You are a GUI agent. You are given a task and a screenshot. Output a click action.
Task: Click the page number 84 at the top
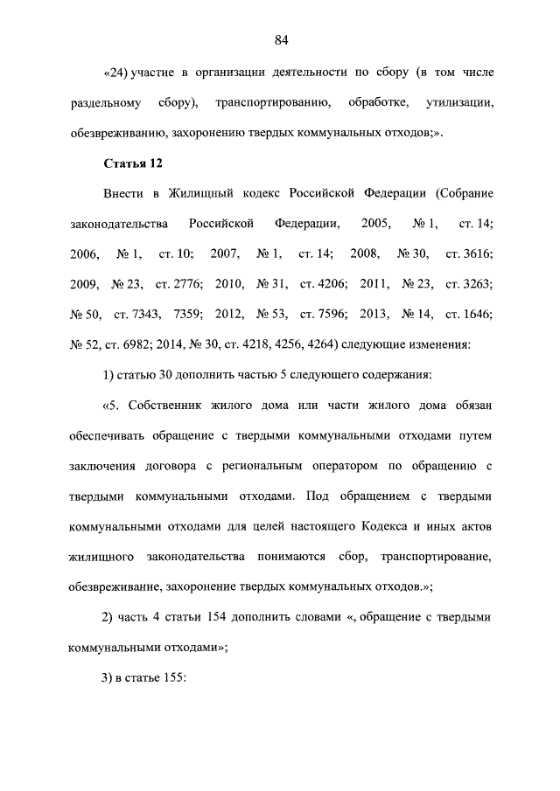281,39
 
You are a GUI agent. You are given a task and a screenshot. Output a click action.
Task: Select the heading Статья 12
133,163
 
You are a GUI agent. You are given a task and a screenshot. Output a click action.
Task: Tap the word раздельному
104,104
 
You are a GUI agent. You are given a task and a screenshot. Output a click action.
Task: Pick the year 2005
375,224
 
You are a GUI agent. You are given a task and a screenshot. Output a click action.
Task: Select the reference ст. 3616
469,253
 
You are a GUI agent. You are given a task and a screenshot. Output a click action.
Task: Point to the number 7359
190,314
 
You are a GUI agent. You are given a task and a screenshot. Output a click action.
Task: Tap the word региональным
269,465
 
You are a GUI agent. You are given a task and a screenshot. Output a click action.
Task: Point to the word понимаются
297,555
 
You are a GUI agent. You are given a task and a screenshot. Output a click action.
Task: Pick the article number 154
219,616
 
